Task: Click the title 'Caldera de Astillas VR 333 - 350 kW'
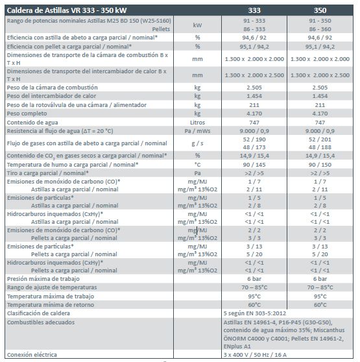tap(67, 10)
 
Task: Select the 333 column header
tap(254, 10)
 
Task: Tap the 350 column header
tap(320, 10)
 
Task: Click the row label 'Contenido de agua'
tap(32, 123)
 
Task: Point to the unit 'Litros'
tap(197, 123)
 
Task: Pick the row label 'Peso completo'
tap(27, 114)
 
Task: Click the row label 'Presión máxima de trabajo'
tap(43, 279)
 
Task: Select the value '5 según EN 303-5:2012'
tap(255, 313)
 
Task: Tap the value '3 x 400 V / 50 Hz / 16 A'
tap(255, 355)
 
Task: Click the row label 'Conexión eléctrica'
tap(32, 355)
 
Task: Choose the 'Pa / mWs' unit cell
tap(197, 131)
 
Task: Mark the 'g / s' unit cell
tap(197, 143)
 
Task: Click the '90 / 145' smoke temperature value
tap(254, 165)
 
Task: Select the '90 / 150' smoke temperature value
tap(320, 165)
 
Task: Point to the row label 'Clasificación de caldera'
tap(38, 313)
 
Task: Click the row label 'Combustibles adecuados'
tap(41, 322)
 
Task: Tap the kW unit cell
tap(197, 25)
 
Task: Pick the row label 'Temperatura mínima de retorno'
tap(51, 305)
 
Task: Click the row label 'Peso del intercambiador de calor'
tap(51, 96)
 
